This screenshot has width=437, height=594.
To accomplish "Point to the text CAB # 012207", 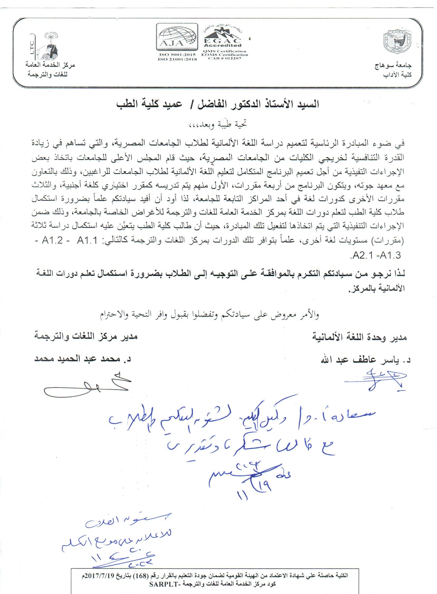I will [225, 58].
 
